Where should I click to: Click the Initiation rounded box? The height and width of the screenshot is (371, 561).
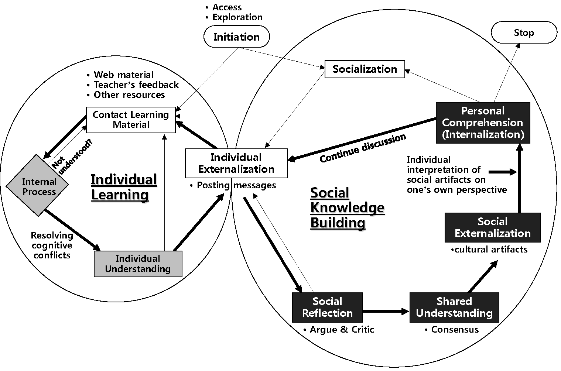(x=236, y=37)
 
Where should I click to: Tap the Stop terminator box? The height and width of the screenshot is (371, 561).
(x=523, y=32)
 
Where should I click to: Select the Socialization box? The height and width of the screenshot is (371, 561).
(x=365, y=69)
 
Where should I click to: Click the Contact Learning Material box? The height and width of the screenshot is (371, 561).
(x=131, y=120)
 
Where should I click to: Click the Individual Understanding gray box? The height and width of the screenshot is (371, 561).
(x=138, y=264)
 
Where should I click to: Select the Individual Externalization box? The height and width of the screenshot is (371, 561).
(x=236, y=163)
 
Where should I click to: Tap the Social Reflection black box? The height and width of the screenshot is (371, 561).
(x=327, y=307)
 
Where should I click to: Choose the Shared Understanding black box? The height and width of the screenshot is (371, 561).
(x=454, y=307)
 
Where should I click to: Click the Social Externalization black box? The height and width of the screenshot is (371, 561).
(x=492, y=227)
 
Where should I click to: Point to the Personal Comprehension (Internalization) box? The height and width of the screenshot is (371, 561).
(x=483, y=123)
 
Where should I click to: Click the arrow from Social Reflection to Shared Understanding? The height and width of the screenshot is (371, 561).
(x=386, y=312)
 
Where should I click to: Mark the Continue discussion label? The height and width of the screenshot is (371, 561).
(x=362, y=148)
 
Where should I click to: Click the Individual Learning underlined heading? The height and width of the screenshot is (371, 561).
(x=123, y=187)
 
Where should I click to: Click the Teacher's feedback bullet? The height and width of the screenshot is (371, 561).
(x=136, y=85)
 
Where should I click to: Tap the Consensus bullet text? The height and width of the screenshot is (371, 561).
(x=455, y=329)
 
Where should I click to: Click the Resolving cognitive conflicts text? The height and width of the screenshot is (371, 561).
(x=52, y=245)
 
